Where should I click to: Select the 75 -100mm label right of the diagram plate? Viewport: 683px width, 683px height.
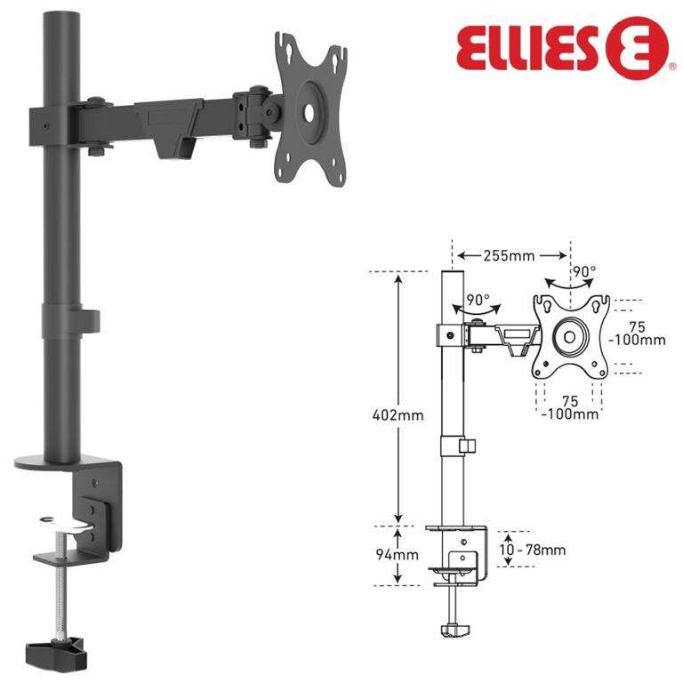639,332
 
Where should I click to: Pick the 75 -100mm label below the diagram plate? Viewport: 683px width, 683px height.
570,406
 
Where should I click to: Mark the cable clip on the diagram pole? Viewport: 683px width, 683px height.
468,445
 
